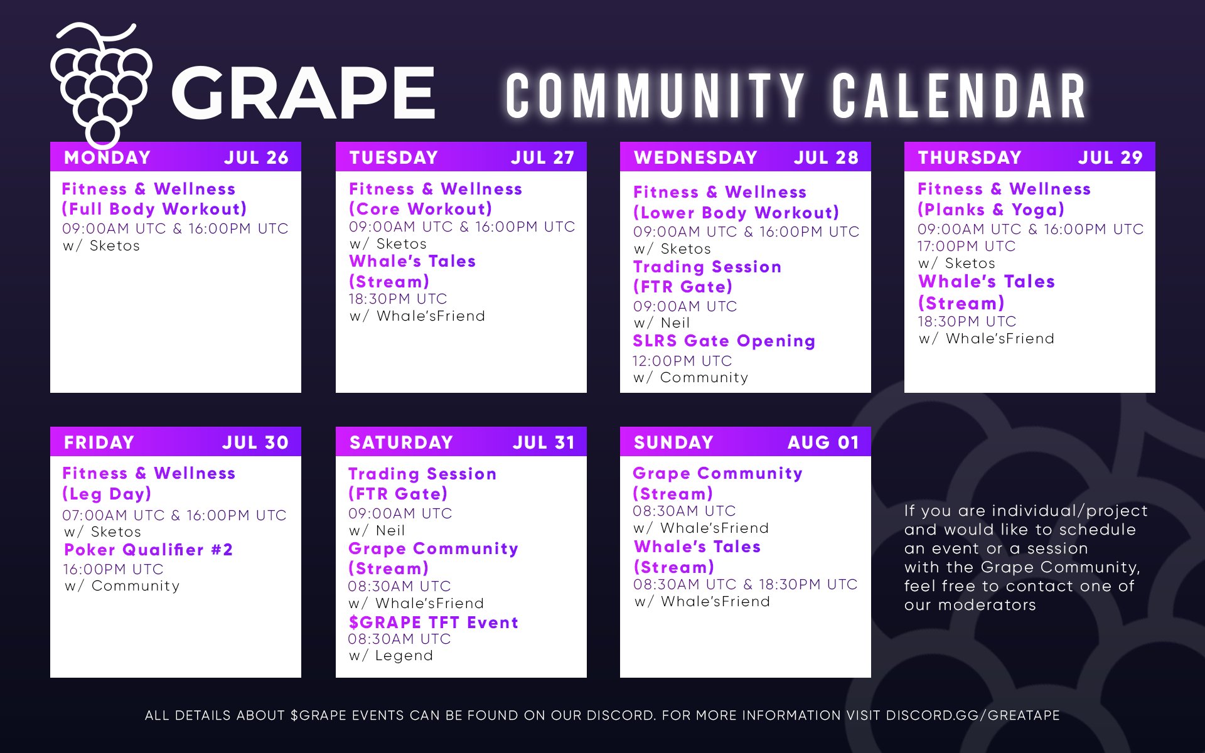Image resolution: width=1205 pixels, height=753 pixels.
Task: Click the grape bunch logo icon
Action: [x=100, y=85]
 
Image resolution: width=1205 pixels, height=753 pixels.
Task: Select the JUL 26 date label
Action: [x=256, y=158]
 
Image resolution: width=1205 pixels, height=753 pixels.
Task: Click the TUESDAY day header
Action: [x=394, y=158]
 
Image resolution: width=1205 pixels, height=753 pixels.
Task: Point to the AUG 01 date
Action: [x=823, y=442]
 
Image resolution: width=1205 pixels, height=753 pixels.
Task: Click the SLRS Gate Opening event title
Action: [x=724, y=341]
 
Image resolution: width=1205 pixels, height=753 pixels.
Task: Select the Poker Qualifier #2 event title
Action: [x=148, y=550]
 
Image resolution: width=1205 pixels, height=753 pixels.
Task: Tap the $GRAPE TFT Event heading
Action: [x=433, y=622]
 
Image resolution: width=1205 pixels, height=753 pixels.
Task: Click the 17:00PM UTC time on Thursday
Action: [x=966, y=246]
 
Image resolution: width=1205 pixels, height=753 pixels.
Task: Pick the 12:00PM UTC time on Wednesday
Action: [x=682, y=361]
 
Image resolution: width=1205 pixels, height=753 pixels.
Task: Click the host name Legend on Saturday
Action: [x=404, y=656]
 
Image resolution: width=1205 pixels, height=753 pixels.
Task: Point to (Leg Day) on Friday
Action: [x=107, y=494]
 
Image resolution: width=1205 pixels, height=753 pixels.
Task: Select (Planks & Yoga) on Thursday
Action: [x=990, y=210]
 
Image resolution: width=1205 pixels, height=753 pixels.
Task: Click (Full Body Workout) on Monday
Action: [x=154, y=209]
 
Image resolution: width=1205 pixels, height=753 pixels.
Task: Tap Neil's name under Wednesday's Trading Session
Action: [x=675, y=323]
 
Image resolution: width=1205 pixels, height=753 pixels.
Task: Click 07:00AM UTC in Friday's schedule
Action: [x=113, y=515]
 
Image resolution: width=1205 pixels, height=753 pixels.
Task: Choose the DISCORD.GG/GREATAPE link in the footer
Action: [x=972, y=715]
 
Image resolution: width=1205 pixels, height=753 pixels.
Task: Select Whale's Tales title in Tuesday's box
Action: [x=412, y=261]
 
